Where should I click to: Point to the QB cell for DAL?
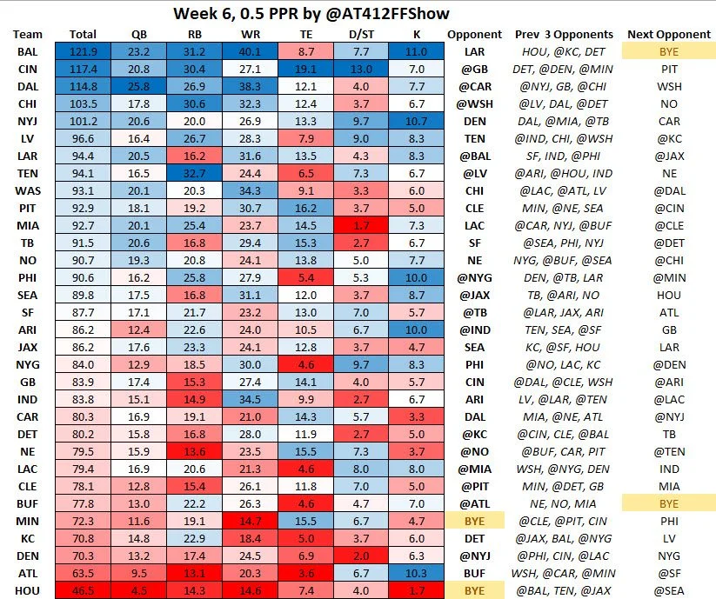point(139,87)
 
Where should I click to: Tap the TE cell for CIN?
point(311,70)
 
